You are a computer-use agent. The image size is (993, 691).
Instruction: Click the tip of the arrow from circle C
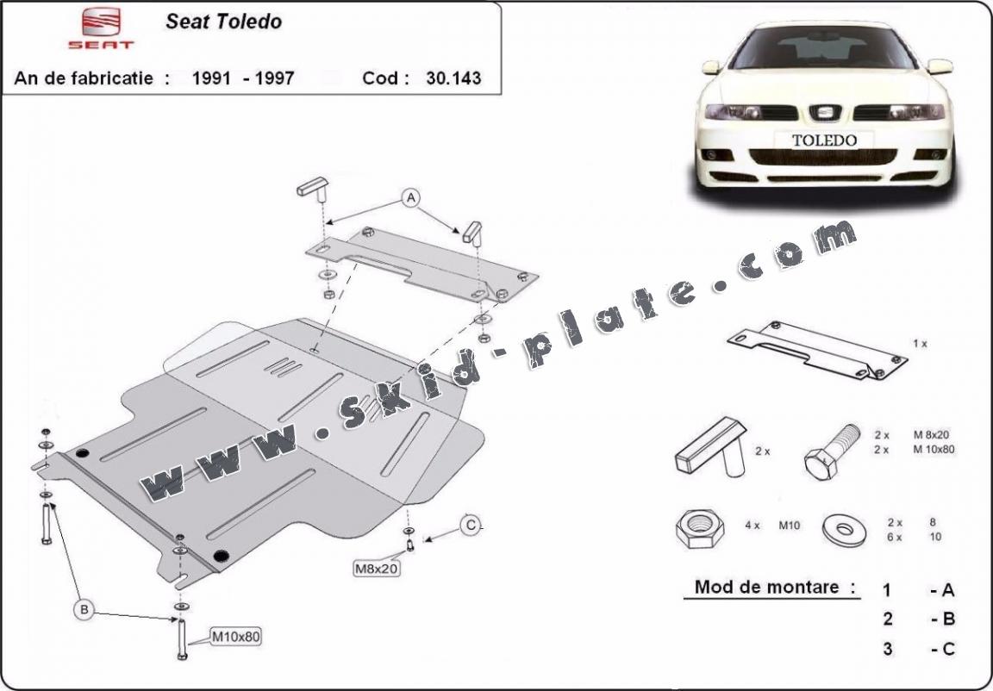pyautogui.click(x=424, y=540)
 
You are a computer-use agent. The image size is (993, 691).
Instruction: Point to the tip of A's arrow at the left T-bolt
pyautogui.click(x=328, y=221)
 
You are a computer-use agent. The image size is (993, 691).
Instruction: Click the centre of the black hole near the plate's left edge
pyautogui.click(x=82, y=453)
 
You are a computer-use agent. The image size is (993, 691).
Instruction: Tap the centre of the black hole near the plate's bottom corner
pyautogui.click(x=221, y=557)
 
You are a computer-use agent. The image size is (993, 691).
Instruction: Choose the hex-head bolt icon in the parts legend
pyautogui.click(x=832, y=451)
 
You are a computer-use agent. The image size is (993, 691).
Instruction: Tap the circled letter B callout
pyautogui.click(x=84, y=610)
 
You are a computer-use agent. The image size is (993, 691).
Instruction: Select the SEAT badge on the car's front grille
pyautogui.click(x=825, y=113)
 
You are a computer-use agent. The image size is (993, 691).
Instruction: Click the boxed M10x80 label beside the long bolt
pyautogui.click(x=235, y=637)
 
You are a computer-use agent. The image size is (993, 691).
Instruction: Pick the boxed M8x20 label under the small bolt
pyautogui.click(x=377, y=569)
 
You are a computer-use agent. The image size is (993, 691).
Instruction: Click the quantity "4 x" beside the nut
pyautogui.click(x=753, y=526)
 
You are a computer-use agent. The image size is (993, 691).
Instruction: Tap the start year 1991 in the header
pyautogui.click(x=211, y=78)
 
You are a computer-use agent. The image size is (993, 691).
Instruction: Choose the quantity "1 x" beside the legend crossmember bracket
pyautogui.click(x=921, y=344)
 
